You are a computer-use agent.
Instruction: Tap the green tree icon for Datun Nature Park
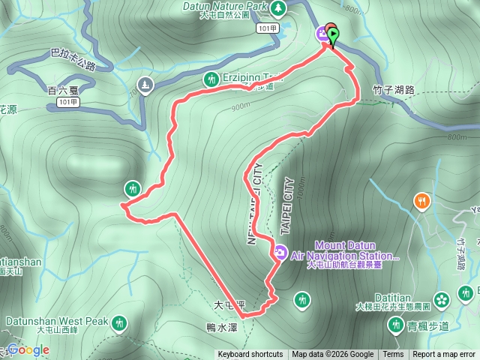coord(278,7)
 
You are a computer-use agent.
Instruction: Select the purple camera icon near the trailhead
coord(322,32)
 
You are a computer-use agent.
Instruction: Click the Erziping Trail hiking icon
coord(211,78)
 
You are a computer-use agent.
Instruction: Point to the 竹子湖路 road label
coord(393,90)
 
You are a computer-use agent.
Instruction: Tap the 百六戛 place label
coord(63,90)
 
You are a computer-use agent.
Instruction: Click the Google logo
coord(28,349)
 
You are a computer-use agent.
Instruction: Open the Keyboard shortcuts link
coord(250,355)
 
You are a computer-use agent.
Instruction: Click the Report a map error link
coord(445,355)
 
